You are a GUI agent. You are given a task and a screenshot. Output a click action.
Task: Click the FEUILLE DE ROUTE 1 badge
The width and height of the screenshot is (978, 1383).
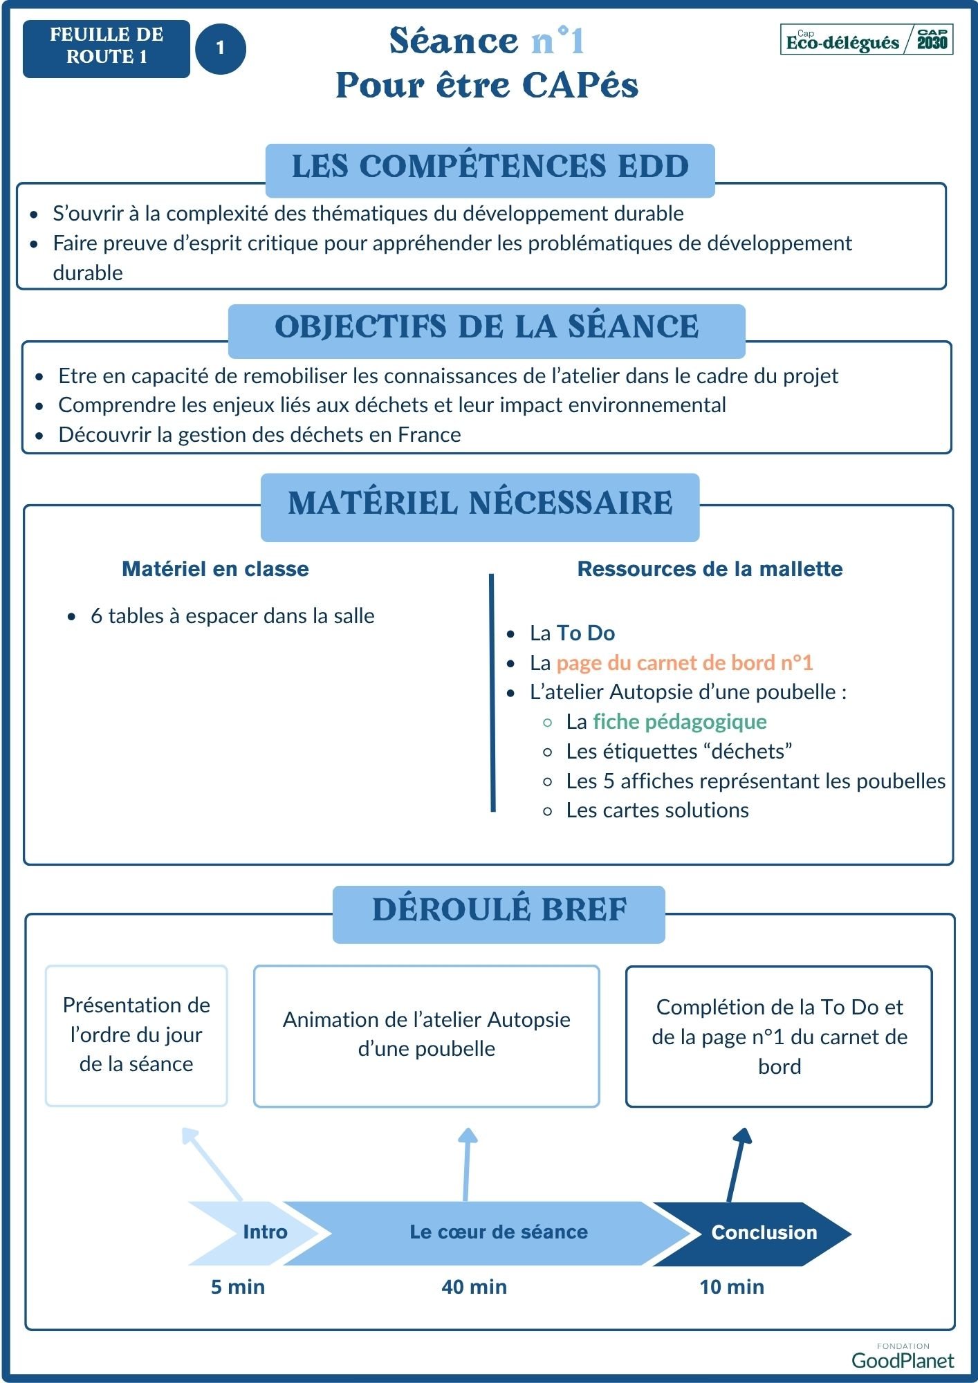pos(106,48)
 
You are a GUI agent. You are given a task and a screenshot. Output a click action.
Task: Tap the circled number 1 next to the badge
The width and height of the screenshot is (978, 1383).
pos(221,48)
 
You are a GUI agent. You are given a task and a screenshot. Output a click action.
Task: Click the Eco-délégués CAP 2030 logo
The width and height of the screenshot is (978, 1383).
pos(866,40)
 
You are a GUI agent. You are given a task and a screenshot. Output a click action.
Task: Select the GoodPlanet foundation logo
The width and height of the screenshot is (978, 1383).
pos(902,1357)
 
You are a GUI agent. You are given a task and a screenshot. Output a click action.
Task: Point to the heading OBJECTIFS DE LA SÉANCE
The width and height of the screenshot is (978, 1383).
pos(486,328)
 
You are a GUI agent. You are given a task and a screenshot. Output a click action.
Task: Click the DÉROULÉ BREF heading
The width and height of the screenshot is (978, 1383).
pos(499,911)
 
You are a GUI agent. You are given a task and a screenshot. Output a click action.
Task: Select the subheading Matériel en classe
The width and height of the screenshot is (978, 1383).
pos(215,569)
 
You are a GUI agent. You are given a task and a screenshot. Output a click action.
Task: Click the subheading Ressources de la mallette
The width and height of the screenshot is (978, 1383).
pos(710,569)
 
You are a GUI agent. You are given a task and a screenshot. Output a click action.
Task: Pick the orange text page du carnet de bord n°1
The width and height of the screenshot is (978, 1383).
pos(684,662)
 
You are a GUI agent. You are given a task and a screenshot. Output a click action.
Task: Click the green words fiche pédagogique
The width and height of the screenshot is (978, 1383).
pos(679,721)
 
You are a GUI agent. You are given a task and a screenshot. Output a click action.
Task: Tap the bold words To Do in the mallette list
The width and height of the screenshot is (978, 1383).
pos(586,633)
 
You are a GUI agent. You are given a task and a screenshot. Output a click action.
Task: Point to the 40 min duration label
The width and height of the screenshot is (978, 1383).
pos(474,1287)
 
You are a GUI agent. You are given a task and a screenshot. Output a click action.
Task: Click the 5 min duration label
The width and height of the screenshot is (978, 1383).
pos(238,1287)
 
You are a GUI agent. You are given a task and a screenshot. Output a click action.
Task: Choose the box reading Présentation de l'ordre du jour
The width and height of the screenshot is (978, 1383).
pos(136,1035)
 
